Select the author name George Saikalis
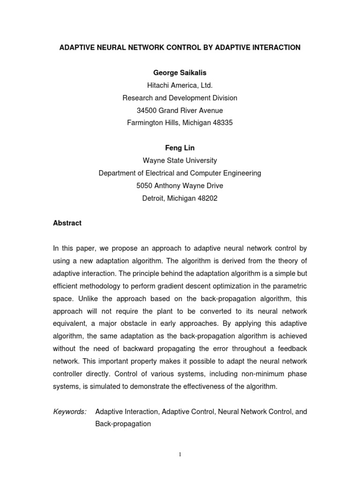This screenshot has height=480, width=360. [x=180, y=73]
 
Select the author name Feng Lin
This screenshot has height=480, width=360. [x=180, y=148]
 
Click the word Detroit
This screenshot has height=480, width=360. [x=154, y=198]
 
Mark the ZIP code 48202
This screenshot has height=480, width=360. [x=207, y=198]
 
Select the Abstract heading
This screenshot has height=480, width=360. [x=67, y=224]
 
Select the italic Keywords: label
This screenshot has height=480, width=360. [x=70, y=412]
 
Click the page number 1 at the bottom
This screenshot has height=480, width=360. [x=180, y=453]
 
